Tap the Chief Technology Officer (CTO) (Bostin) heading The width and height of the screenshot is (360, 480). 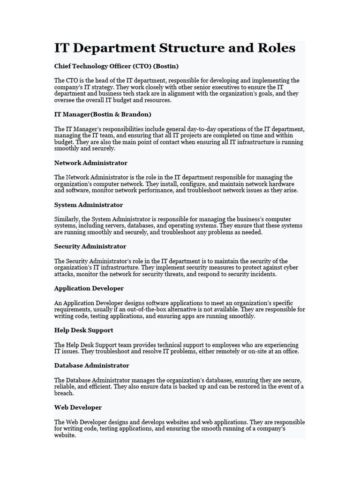[x=116, y=66]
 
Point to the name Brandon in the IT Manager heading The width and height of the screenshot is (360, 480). [x=135, y=114]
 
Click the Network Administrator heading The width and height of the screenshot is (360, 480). [x=90, y=163]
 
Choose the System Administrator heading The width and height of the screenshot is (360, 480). [x=89, y=205]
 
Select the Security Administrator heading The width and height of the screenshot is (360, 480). [x=90, y=247]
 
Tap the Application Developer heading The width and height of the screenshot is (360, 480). [x=89, y=288]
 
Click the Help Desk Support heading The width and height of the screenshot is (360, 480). [x=83, y=330]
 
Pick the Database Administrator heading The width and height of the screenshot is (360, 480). [x=91, y=366]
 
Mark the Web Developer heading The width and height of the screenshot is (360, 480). [x=78, y=407]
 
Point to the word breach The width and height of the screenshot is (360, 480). [x=64, y=393]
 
